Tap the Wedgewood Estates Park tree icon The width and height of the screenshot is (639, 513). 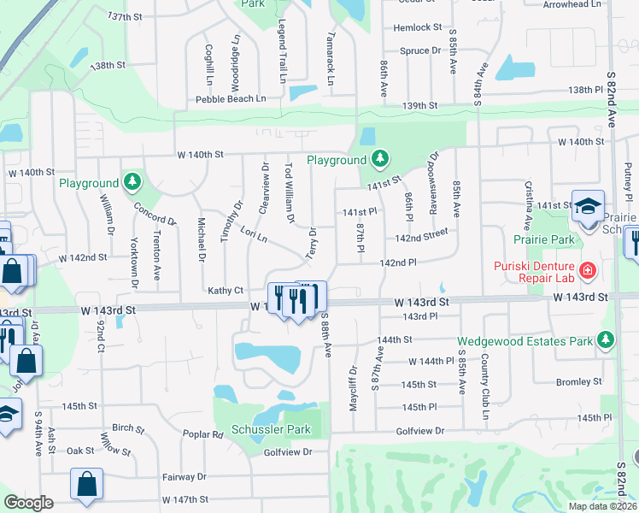point(606,340)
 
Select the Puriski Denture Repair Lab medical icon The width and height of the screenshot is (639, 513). point(588,271)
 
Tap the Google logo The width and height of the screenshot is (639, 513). point(28,503)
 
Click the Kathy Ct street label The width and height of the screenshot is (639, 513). point(226,291)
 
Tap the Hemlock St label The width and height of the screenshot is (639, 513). point(417,28)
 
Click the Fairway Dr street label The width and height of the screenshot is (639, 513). point(185,477)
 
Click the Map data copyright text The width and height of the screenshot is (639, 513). point(603,506)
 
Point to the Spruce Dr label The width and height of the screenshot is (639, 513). point(420,50)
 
